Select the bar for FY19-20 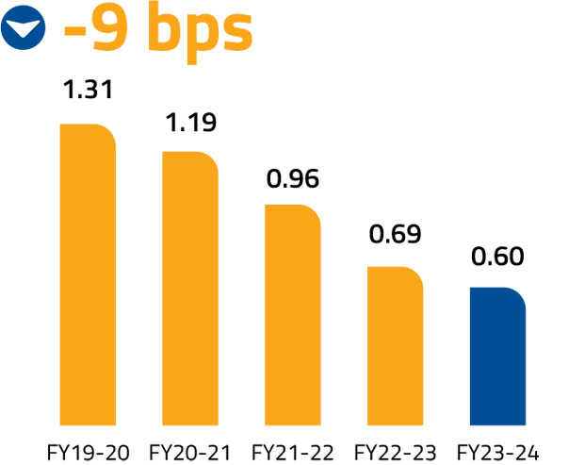pyautogui.click(x=88, y=273)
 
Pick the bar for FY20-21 pyautogui.click(x=190, y=287)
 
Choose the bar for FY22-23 pyautogui.click(x=395, y=344)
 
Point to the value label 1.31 pyautogui.click(x=88, y=91)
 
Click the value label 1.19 pyautogui.click(x=190, y=123)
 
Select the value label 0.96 pyautogui.click(x=293, y=177)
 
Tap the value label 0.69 pyautogui.click(x=395, y=233)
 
